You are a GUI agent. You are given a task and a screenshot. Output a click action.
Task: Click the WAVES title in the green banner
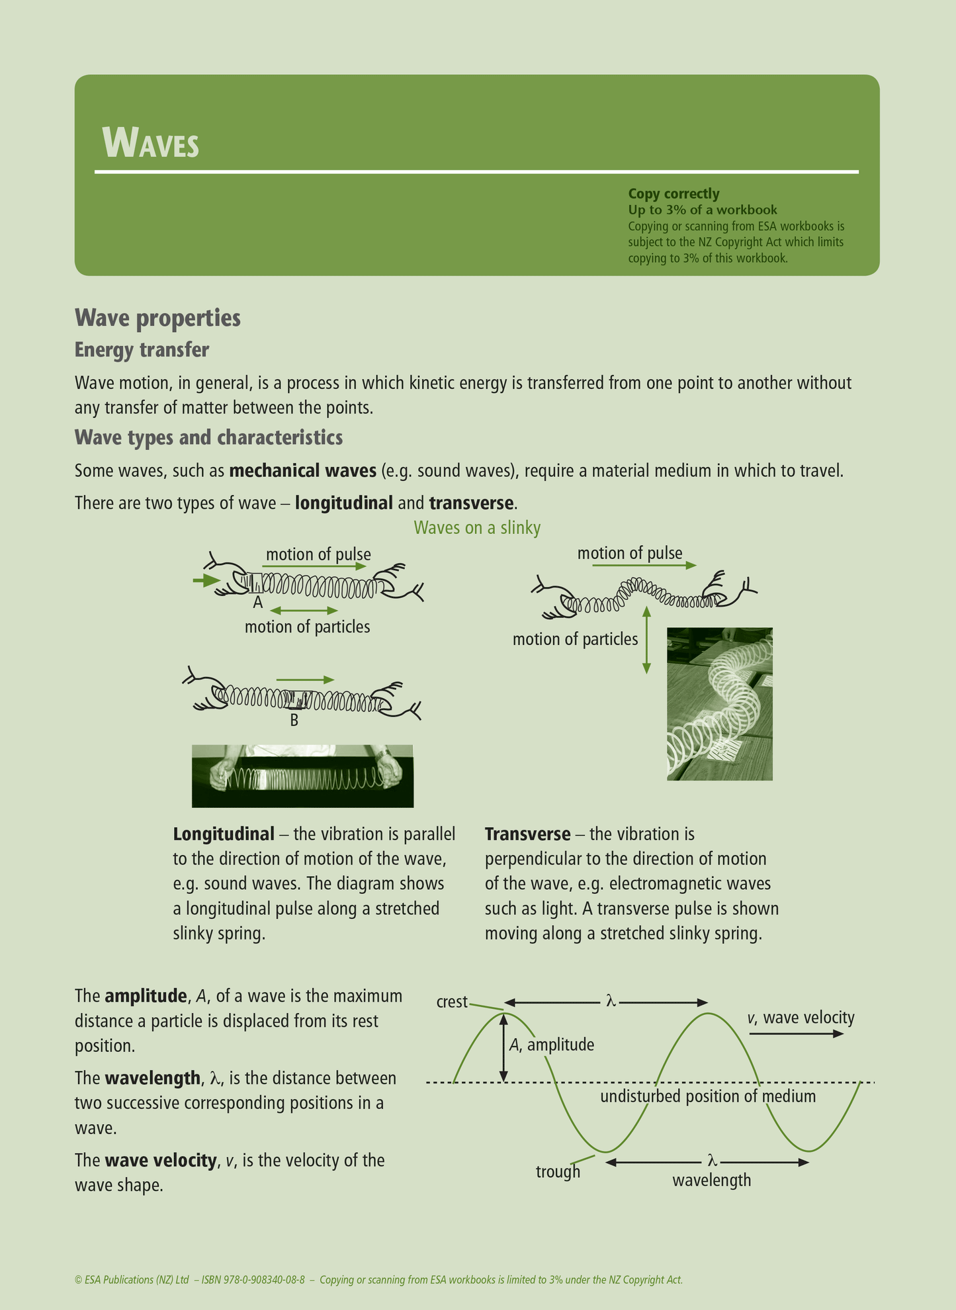click(x=151, y=142)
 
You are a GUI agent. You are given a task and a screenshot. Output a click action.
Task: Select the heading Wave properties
click(x=157, y=318)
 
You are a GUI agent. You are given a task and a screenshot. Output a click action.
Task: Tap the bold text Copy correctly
click(x=673, y=194)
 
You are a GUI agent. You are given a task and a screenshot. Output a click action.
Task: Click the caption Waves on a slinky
click(x=477, y=528)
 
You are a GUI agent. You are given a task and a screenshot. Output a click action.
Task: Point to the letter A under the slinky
click(x=258, y=603)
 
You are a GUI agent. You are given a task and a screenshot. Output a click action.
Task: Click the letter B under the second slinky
click(x=294, y=720)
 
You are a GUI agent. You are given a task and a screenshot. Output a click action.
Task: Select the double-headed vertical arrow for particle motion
click(x=646, y=640)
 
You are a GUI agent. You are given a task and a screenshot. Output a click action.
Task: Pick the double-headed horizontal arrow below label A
click(x=304, y=610)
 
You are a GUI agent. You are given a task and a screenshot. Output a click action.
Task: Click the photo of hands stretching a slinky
click(x=302, y=776)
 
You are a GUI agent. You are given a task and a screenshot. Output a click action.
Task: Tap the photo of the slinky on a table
click(x=719, y=704)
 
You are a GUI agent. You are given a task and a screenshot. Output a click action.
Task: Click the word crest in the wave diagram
click(x=452, y=1002)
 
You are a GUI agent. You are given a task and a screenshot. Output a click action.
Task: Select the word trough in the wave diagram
click(x=558, y=1172)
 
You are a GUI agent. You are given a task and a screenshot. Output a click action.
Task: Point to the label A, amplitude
click(x=551, y=1045)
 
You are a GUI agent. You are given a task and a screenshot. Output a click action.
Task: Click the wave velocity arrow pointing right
click(x=797, y=1033)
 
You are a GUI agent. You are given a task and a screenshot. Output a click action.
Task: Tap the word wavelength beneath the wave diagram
click(x=711, y=1180)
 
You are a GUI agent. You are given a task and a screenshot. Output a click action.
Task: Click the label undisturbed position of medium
click(x=707, y=1096)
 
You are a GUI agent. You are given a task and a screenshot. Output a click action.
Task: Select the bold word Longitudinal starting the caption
click(x=224, y=834)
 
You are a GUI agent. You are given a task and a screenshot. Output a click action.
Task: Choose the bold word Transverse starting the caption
click(x=527, y=834)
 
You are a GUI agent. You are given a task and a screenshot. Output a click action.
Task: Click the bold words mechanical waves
click(x=302, y=471)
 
